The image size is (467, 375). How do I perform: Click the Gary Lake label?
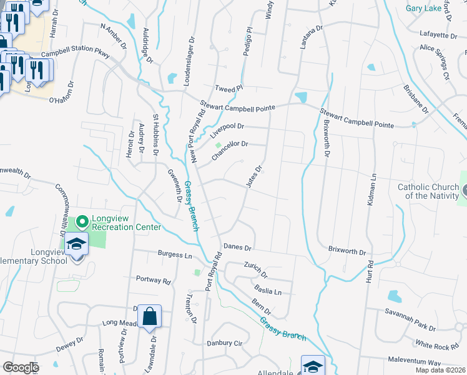point(423,8)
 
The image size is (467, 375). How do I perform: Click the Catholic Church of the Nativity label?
point(428,191)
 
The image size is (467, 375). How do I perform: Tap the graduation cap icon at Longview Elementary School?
point(76,244)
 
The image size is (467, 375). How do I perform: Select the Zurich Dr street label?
point(255,270)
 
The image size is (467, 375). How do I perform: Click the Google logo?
point(21,367)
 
